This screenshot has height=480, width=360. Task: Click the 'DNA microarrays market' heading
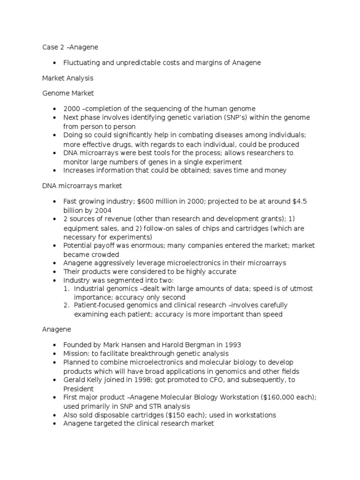tap(82, 186)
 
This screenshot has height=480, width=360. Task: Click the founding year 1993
tap(231, 345)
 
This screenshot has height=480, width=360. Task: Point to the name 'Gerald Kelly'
tap(83, 380)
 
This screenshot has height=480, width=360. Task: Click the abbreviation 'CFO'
tap(217, 380)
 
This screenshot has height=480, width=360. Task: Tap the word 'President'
tap(78, 389)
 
